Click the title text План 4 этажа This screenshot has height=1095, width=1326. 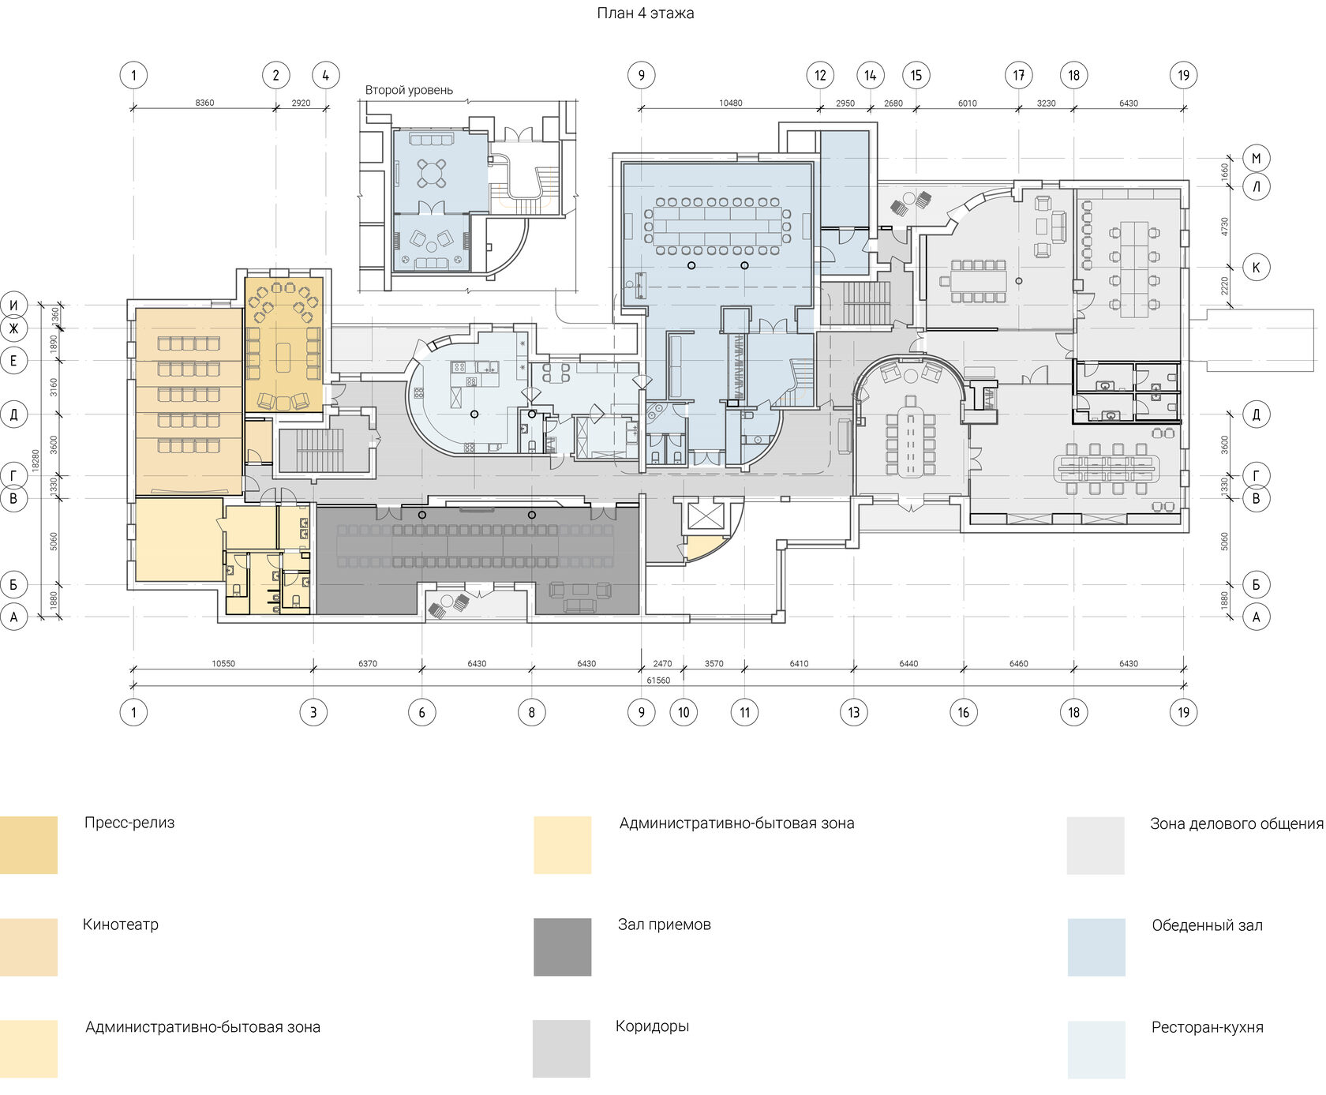point(646,13)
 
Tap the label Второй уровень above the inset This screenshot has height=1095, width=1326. point(409,90)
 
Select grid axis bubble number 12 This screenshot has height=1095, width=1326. point(820,76)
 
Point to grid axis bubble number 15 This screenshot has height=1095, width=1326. point(916,76)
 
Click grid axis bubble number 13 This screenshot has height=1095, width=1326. point(854,712)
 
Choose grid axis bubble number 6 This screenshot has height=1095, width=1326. point(421,712)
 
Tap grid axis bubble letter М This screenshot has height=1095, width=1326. point(1256,158)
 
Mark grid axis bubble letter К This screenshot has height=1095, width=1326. point(1256,267)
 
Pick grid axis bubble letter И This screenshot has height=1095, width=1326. point(13,305)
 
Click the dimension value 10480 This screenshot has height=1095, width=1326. point(730,103)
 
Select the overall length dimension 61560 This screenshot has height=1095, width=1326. point(658,681)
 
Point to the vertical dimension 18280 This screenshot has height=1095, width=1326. point(36,461)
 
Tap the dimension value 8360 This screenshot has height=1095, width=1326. point(204,103)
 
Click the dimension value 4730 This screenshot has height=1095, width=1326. point(1225,227)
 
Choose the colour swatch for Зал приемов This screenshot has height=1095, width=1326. point(562,947)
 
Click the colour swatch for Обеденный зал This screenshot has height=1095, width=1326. point(1096,947)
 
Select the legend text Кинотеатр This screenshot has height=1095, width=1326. point(121,924)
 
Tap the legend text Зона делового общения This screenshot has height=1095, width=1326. point(1236,824)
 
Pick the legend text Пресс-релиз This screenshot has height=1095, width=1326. point(129,823)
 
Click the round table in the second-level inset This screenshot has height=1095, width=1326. point(431,172)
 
